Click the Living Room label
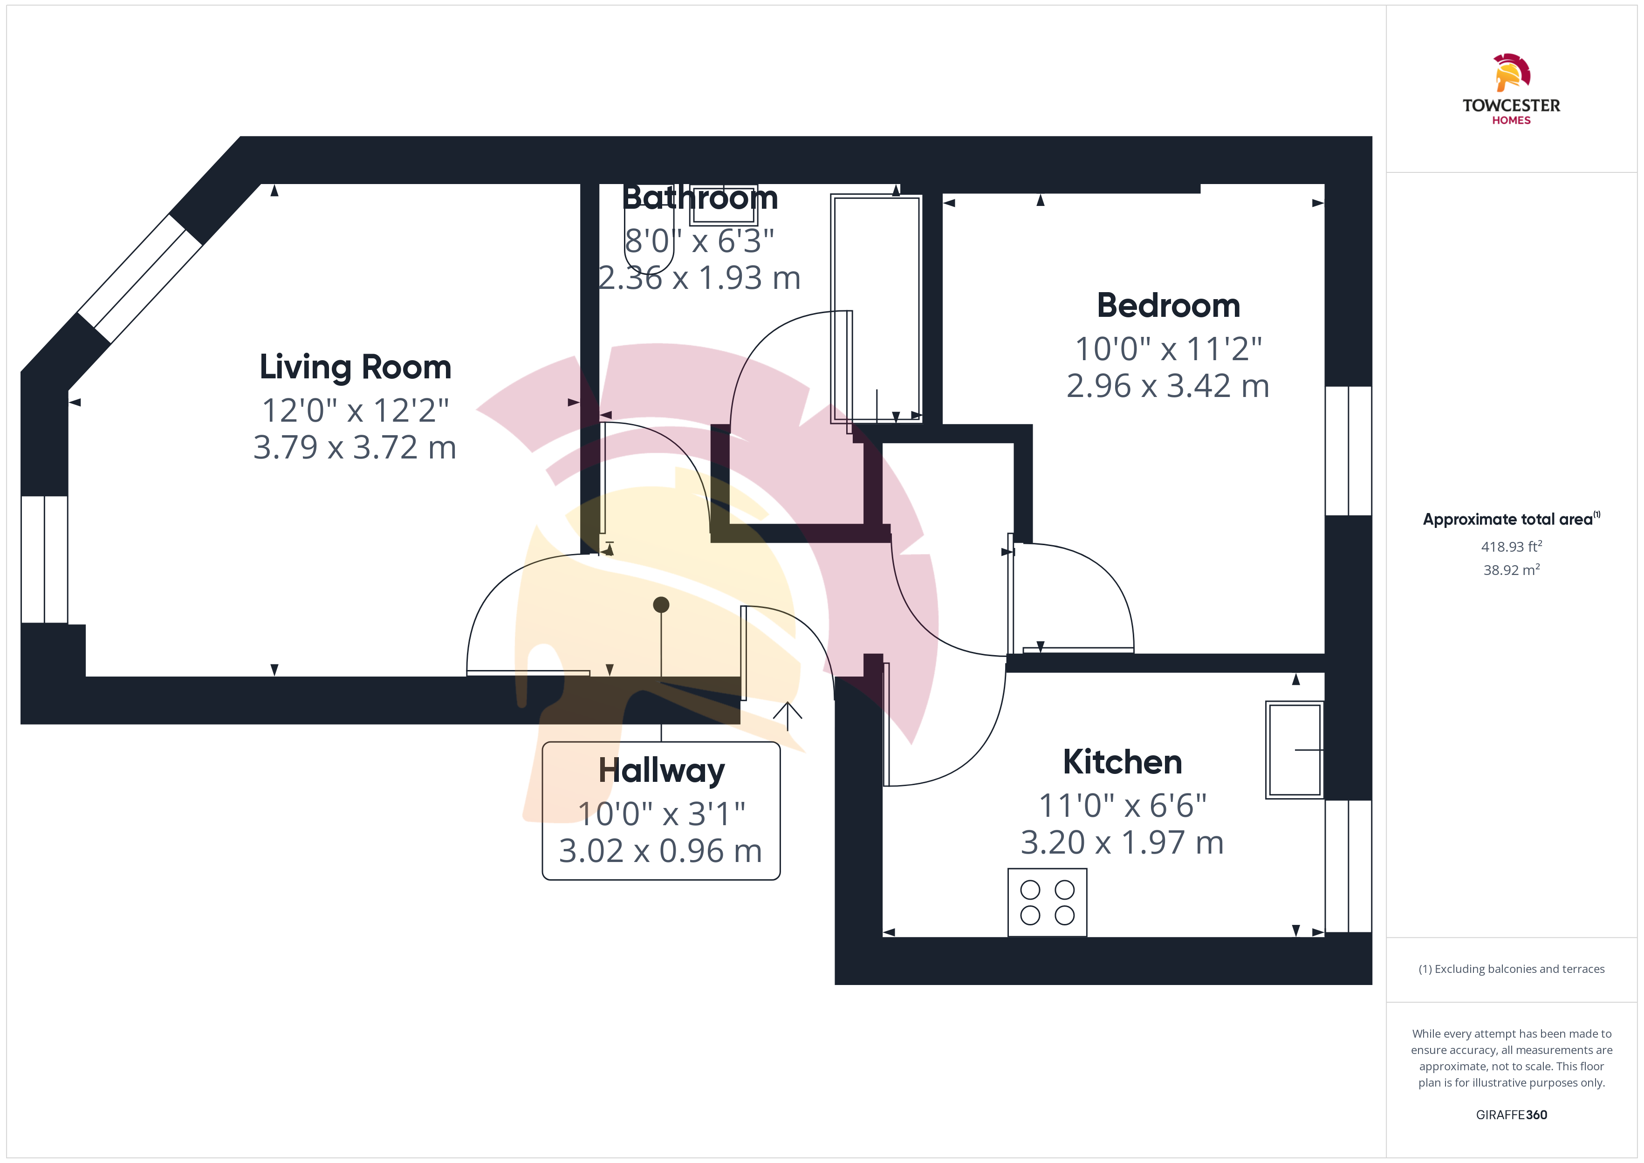tap(355, 367)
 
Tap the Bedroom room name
tap(1169, 306)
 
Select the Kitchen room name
tap(1122, 762)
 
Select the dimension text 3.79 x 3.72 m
tap(355, 448)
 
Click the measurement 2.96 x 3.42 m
tap(1168, 386)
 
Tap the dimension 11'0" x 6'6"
tap(1122, 806)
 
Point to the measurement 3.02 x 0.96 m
tap(660, 851)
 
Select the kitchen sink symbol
tap(1294, 750)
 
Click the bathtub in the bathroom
tap(876, 308)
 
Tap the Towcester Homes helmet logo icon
tap(1512, 72)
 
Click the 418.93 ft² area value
tap(1512, 547)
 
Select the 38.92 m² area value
tap(1512, 570)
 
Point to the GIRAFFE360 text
tap(1512, 1114)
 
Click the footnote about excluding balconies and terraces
tap(1512, 969)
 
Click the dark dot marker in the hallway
tap(661, 605)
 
